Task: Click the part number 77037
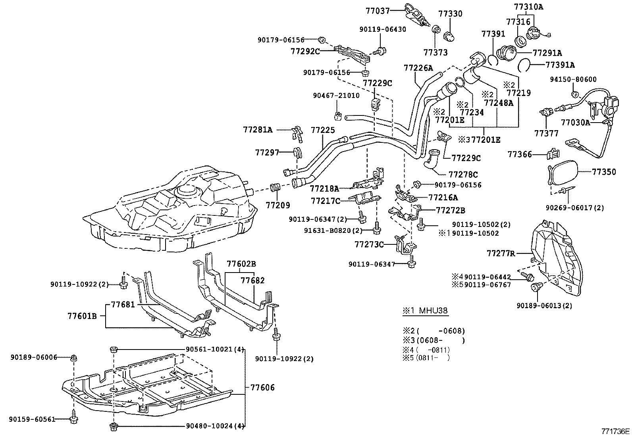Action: point(378,11)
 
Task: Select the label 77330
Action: point(450,14)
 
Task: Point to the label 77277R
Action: point(501,253)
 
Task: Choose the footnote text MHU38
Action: point(433,310)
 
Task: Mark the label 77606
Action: point(262,388)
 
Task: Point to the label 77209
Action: point(277,205)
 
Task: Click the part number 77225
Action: point(323,130)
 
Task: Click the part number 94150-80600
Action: point(573,79)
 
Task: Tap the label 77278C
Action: point(463,174)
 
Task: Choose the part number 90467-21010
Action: point(336,96)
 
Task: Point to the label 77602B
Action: point(241,264)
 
